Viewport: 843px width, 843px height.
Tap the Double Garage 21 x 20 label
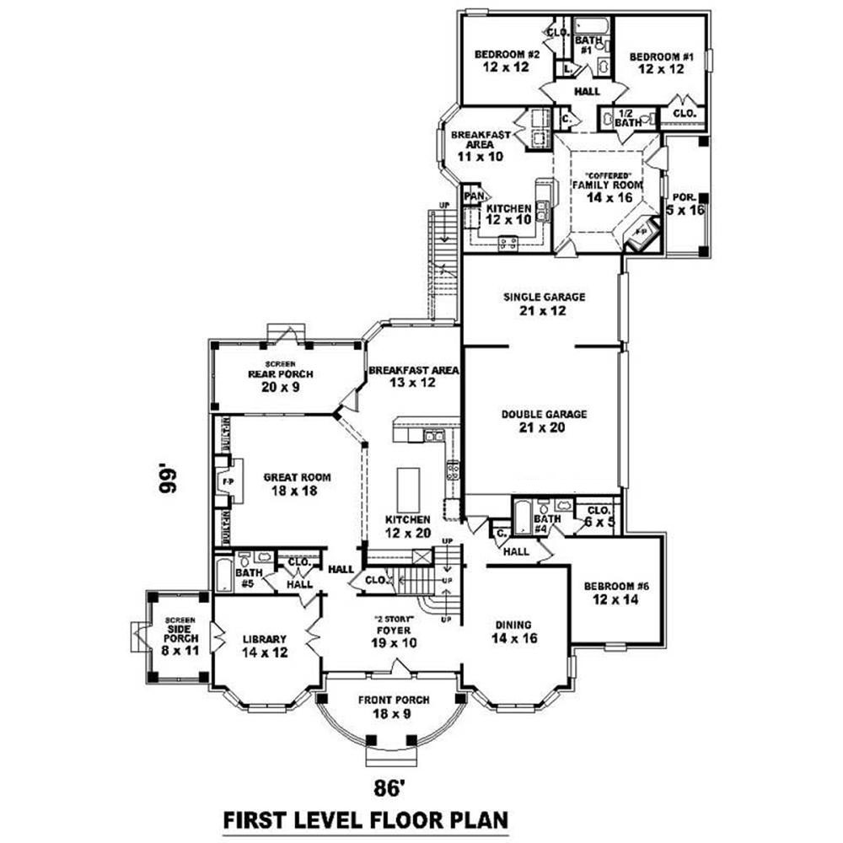tap(544, 421)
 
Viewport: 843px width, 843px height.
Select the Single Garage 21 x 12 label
tap(544, 303)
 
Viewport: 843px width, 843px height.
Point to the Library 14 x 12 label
tap(265, 645)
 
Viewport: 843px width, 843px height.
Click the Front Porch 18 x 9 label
tap(394, 706)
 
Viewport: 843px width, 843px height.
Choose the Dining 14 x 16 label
tap(513, 631)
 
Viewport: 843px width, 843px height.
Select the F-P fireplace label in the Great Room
tap(227, 481)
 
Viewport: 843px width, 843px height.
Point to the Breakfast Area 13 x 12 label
tap(412, 377)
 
